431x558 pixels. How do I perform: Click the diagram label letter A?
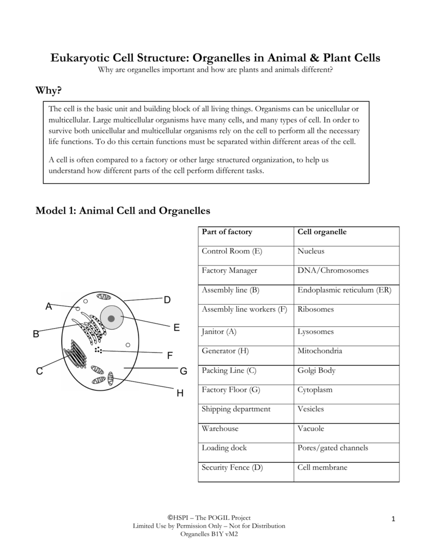click(x=48, y=307)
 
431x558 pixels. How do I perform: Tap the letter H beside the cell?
click(x=180, y=393)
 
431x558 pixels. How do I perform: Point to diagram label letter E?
click(x=177, y=327)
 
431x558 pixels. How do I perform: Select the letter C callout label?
click(x=39, y=372)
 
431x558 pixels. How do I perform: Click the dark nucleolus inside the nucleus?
click(x=112, y=319)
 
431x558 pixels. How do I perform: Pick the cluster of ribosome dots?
click(x=98, y=349)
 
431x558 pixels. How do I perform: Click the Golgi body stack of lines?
click(x=76, y=354)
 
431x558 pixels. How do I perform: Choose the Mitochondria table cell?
click(x=320, y=351)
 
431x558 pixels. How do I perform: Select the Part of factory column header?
click(x=227, y=232)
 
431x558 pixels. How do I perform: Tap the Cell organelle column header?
click(x=322, y=232)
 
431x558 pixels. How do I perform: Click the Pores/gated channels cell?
click(x=333, y=448)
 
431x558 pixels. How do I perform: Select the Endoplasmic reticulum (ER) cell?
click(x=344, y=290)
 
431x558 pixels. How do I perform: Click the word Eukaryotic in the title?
click(x=83, y=58)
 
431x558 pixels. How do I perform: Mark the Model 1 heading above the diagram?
click(x=123, y=210)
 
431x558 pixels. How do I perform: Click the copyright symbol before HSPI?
click(x=171, y=517)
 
